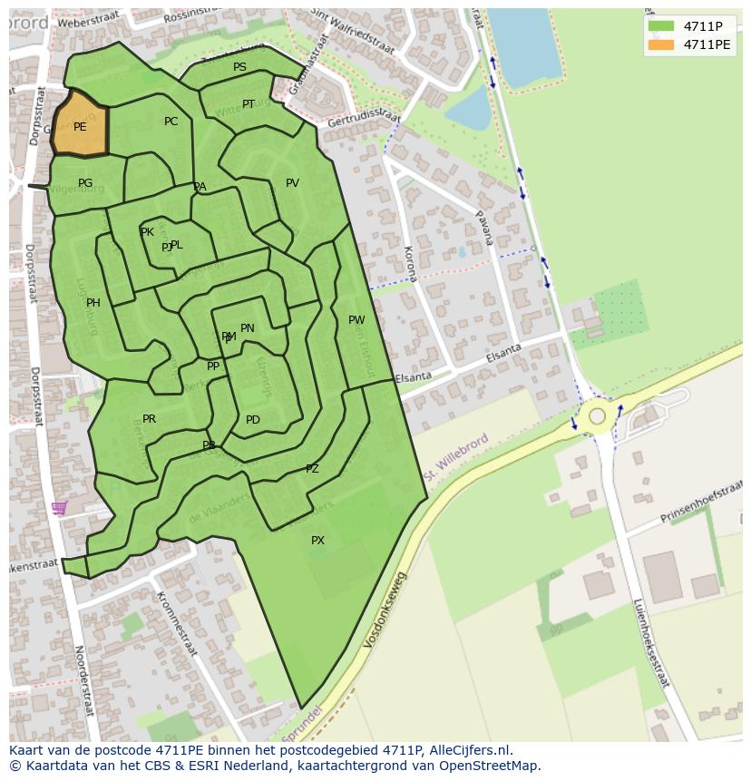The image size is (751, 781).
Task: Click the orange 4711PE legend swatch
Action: (661, 44)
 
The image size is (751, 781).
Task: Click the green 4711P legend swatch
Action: (661, 26)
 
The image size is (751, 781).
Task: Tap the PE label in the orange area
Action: (80, 127)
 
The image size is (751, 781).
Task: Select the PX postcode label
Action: (317, 541)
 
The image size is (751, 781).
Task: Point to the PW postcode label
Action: (356, 320)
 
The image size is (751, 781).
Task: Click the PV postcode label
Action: (292, 183)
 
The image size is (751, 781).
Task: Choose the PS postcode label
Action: (239, 67)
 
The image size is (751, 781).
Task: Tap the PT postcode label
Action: (249, 104)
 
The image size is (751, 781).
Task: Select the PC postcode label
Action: (171, 122)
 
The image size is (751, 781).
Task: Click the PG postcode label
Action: (85, 183)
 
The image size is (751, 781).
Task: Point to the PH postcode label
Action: (93, 303)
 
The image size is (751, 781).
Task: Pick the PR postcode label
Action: (150, 419)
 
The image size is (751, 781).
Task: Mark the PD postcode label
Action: (253, 420)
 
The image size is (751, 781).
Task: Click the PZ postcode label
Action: (312, 469)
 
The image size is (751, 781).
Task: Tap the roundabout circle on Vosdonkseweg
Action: (597, 416)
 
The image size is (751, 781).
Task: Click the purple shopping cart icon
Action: (59, 508)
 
